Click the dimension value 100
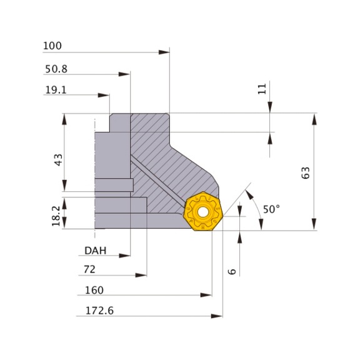[52, 46]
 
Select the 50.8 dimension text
[56, 69]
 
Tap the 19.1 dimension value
[56, 90]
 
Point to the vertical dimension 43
[58, 160]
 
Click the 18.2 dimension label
[56, 216]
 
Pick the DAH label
[96, 251]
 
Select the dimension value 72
[89, 269]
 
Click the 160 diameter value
[94, 290]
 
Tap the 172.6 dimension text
[99, 311]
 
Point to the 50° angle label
[271, 209]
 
